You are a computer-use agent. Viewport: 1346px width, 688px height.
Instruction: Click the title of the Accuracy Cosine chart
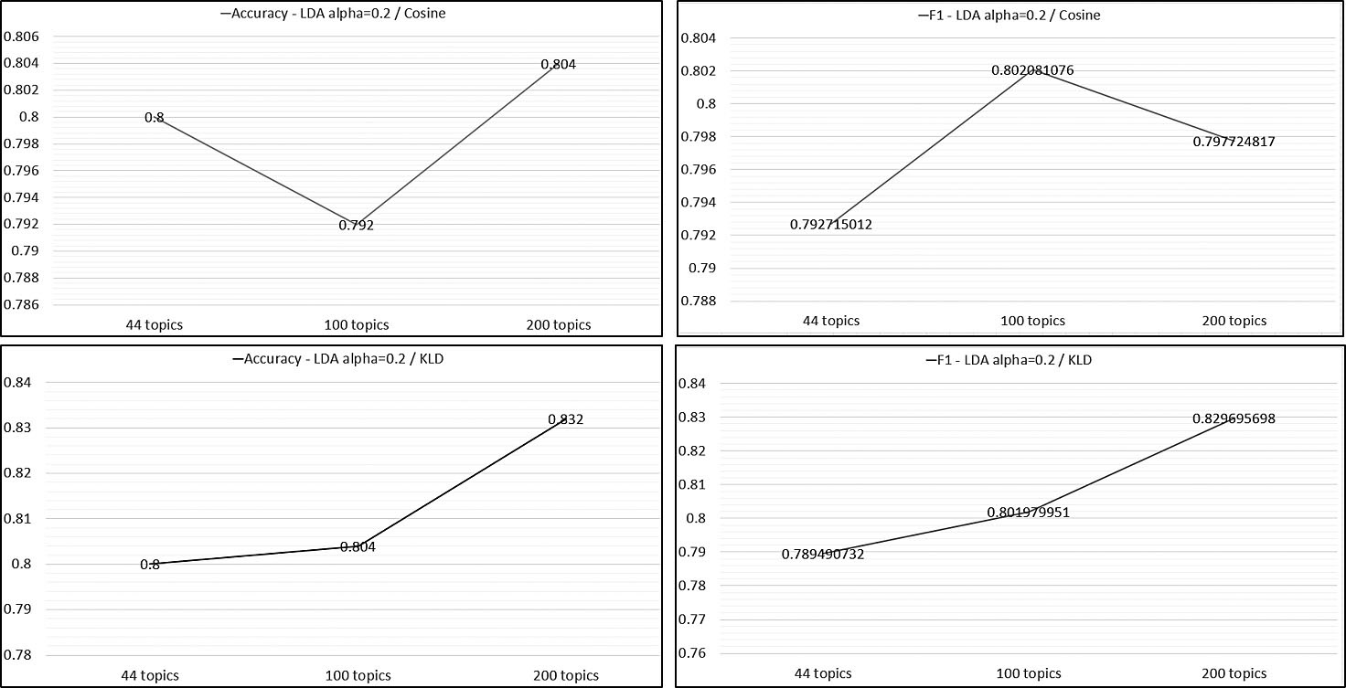[x=333, y=15]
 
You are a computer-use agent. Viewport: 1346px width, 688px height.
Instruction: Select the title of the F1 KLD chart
[x=1009, y=360]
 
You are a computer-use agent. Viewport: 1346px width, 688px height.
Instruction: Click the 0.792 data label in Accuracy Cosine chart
[x=357, y=225]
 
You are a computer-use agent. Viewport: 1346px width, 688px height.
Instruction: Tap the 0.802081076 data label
[x=1033, y=70]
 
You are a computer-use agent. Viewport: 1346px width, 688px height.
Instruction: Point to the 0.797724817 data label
[x=1234, y=142]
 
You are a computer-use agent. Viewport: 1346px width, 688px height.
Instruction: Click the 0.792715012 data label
[x=830, y=224]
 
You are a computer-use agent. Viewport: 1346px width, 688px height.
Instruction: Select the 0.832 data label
[x=565, y=419]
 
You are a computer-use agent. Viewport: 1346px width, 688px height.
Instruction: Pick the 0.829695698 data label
[x=1234, y=418]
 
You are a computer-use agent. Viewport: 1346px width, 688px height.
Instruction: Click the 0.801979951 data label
[x=1028, y=513]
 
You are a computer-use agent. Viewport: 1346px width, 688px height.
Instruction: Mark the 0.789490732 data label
[x=823, y=554]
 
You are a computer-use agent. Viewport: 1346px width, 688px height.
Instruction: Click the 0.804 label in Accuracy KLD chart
[x=358, y=546]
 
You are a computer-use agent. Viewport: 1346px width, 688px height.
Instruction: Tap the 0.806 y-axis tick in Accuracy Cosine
[x=22, y=37]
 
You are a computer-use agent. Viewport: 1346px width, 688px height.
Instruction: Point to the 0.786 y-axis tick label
[x=22, y=304]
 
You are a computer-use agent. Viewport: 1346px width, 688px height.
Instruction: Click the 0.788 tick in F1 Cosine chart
[x=699, y=301]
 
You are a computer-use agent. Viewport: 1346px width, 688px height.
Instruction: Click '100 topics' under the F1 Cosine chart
[x=1032, y=321]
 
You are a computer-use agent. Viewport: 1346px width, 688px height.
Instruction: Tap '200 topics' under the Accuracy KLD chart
[x=565, y=675]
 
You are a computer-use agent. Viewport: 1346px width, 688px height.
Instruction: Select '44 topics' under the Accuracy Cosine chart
[x=150, y=324]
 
